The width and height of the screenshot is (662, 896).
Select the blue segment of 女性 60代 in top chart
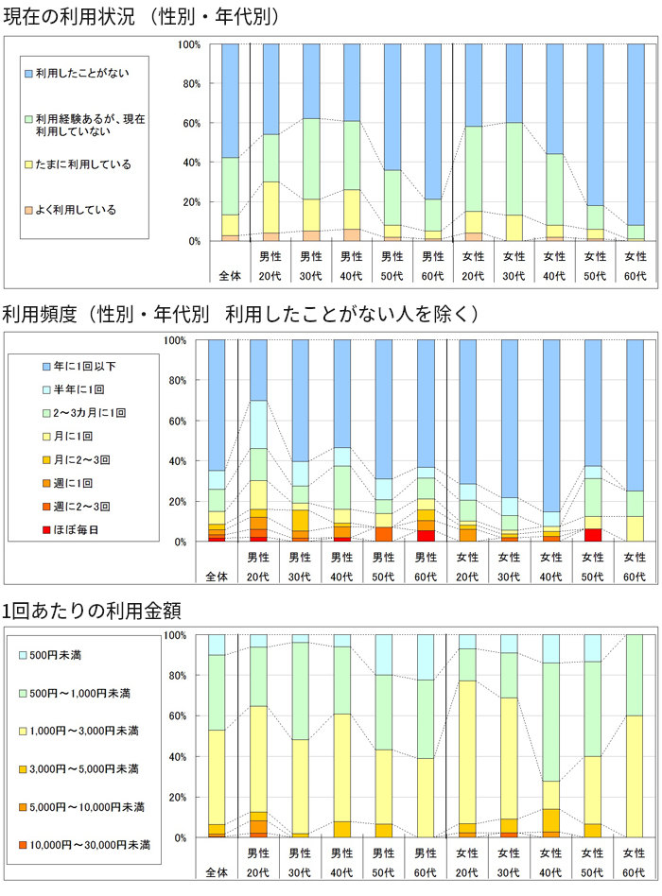click(636, 132)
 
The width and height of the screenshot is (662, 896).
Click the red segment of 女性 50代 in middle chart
click(592, 535)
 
